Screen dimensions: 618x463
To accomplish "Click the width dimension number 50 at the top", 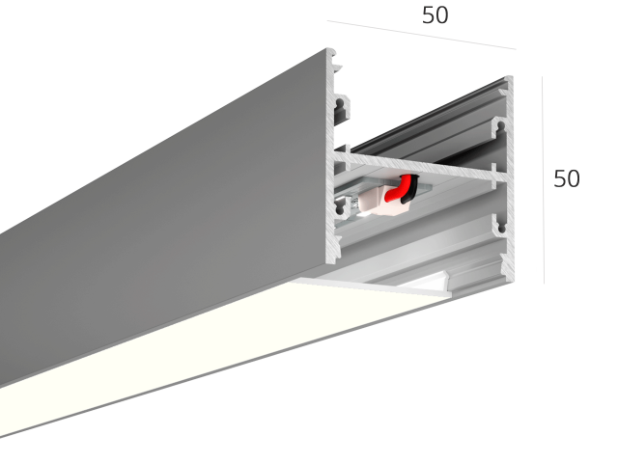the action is [435, 15].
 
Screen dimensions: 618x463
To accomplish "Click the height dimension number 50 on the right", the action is [567, 178].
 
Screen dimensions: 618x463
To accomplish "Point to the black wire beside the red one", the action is [409, 190].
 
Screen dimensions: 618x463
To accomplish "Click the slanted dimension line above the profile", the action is [421, 35].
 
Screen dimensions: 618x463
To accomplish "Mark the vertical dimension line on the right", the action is [543, 180].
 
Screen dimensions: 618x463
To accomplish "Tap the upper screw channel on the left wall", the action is [340, 107].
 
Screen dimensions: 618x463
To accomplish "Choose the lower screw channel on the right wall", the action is [500, 227].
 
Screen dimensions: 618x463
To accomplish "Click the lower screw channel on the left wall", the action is [340, 206].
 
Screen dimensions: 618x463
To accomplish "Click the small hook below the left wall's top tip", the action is [337, 68].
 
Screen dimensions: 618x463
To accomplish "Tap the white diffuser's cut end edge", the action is [375, 286].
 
